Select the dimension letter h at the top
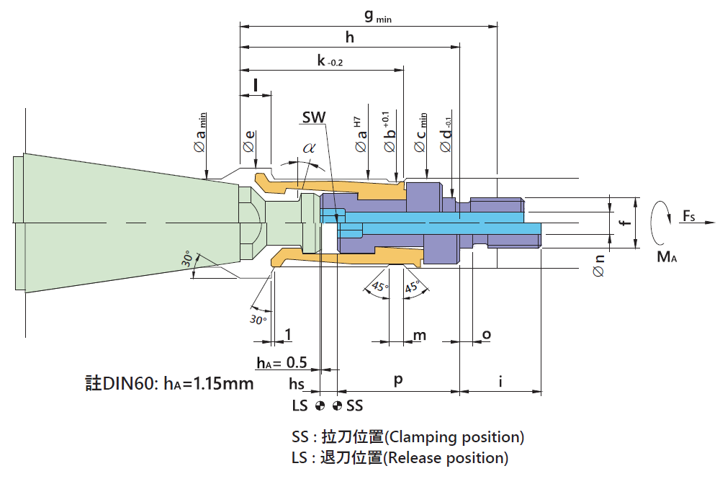tap(351, 37)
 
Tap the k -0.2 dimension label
tap(330, 61)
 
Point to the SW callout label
tap(314, 117)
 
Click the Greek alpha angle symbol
tap(310, 148)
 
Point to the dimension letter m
tap(419, 336)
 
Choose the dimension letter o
tap(486, 335)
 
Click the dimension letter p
tap(397, 381)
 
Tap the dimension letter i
tap(500, 381)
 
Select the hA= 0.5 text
tap(282, 362)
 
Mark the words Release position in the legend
tap(449, 458)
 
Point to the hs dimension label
tap(297, 383)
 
